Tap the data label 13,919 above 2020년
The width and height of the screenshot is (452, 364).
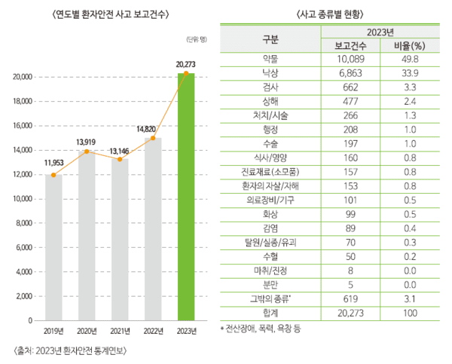(x=86, y=142)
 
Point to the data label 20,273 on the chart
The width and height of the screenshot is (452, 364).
(x=185, y=64)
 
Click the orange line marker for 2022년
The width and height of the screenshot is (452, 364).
(x=152, y=139)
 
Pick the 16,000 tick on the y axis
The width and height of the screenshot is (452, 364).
(x=22, y=125)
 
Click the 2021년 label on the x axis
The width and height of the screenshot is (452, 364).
(x=120, y=330)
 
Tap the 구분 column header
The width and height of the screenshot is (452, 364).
(x=270, y=38)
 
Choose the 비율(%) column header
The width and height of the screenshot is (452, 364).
(x=410, y=46)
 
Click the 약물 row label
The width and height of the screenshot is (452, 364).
(x=270, y=60)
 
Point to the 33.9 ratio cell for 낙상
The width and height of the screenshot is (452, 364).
(x=410, y=73)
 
